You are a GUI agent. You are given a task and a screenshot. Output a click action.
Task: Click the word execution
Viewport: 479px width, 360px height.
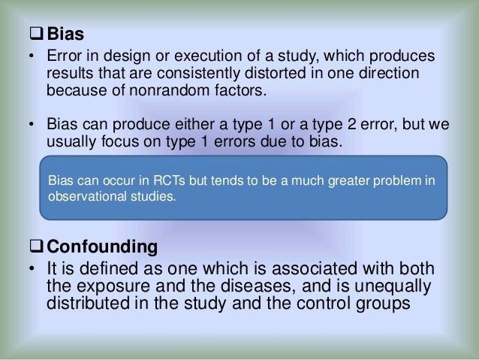click(x=210, y=58)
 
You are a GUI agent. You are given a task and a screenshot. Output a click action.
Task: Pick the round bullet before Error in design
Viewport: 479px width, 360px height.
click(x=31, y=59)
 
